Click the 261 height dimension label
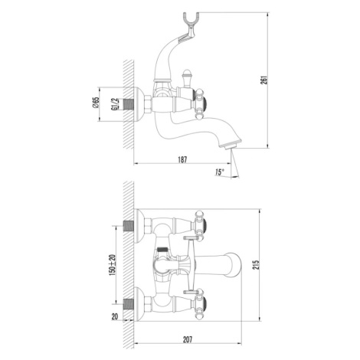266,80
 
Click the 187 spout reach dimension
182,159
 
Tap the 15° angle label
220,172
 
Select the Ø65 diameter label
96,103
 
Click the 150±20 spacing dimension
112,265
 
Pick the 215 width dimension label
257,264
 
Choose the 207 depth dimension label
188,339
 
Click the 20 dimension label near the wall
115,316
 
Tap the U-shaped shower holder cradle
190,21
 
